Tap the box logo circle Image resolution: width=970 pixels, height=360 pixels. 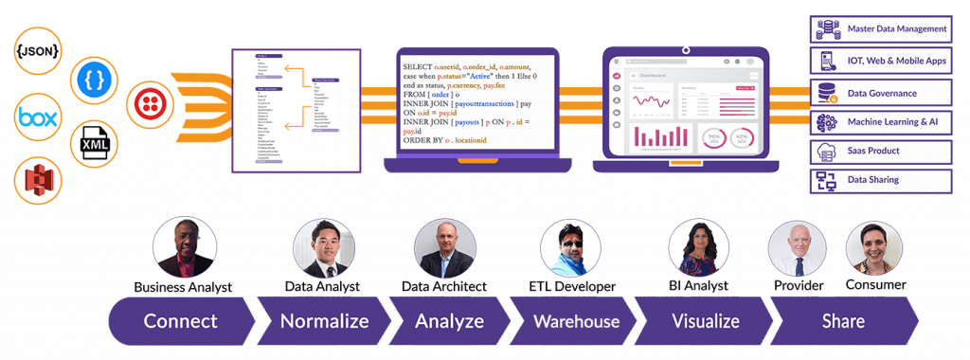coord(37,119)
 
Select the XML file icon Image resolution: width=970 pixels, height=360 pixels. coord(94,144)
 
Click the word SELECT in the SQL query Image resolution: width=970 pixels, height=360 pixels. coord(417,67)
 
